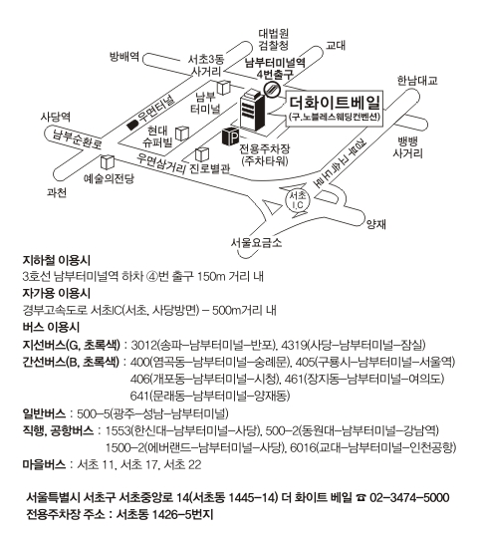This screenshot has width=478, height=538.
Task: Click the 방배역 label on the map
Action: tap(123, 56)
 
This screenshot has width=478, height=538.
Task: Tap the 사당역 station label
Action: tap(55, 117)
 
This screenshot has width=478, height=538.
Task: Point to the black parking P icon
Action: tap(230, 136)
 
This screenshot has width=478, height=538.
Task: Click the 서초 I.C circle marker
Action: tap(297, 200)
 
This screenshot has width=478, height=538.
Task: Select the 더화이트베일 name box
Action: tap(335, 109)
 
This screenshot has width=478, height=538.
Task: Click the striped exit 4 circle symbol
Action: tap(272, 90)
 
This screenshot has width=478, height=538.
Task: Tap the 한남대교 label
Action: tap(417, 81)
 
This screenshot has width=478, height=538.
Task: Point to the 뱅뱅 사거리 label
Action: tap(407, 147)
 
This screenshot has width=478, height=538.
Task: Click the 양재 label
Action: tap(376, 224)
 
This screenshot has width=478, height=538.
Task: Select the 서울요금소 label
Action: tap(256, 242)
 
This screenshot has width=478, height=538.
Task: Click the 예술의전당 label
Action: tap(109, 178)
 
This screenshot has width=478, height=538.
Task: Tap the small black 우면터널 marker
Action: tap(131, 126)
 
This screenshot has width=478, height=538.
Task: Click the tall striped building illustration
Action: tap(252, 110)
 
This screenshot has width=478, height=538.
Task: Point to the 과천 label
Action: tap(57, 192)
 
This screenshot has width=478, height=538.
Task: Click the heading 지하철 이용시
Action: tap(57, 261)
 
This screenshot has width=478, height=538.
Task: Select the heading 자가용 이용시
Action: tap(57, 293)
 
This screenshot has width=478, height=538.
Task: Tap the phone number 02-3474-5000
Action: tap(409, 497)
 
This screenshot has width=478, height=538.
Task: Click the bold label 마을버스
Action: tap(44, 464)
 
